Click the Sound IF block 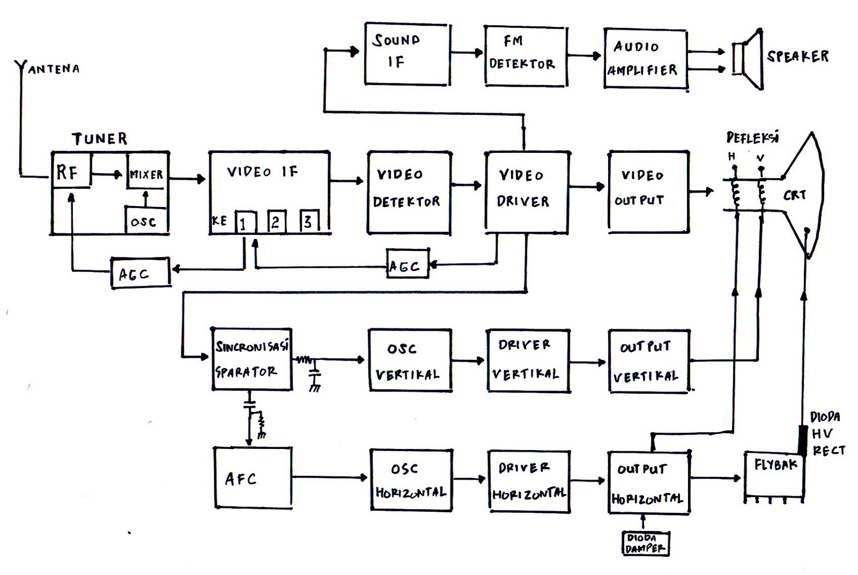[x=406, y=54]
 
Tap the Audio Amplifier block [x=645, y=58]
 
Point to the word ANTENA [x=54, y=69]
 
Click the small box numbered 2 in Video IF [x=276, y=220]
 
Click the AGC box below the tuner [x=140, y=273]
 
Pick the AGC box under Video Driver [x=408, y=264]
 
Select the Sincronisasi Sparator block [x=252, y=359]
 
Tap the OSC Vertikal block [x=410, y=360]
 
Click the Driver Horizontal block [x=529, y=481]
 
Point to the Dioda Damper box [x=646, y=543]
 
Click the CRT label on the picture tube [x=795, y=195]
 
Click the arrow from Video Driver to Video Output [x=588, y=187]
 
